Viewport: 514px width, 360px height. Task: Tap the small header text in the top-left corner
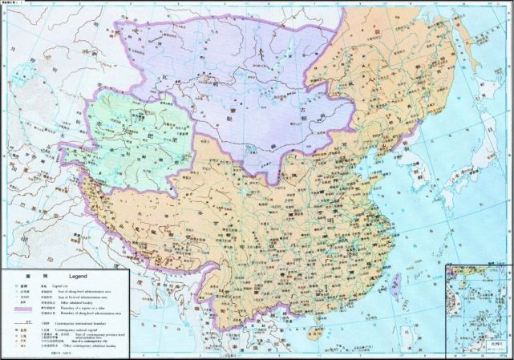14,3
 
